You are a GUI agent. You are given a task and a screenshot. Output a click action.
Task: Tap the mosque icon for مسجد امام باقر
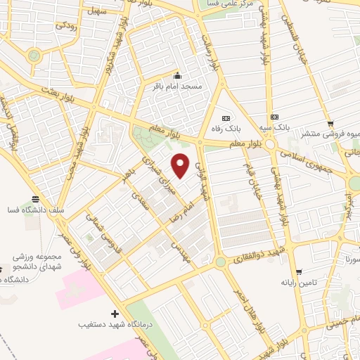tap(177, 76)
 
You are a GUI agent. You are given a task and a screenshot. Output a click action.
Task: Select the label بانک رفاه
tap(226, 128)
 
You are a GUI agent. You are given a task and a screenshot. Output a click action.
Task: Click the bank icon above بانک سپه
tap(275, 117)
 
